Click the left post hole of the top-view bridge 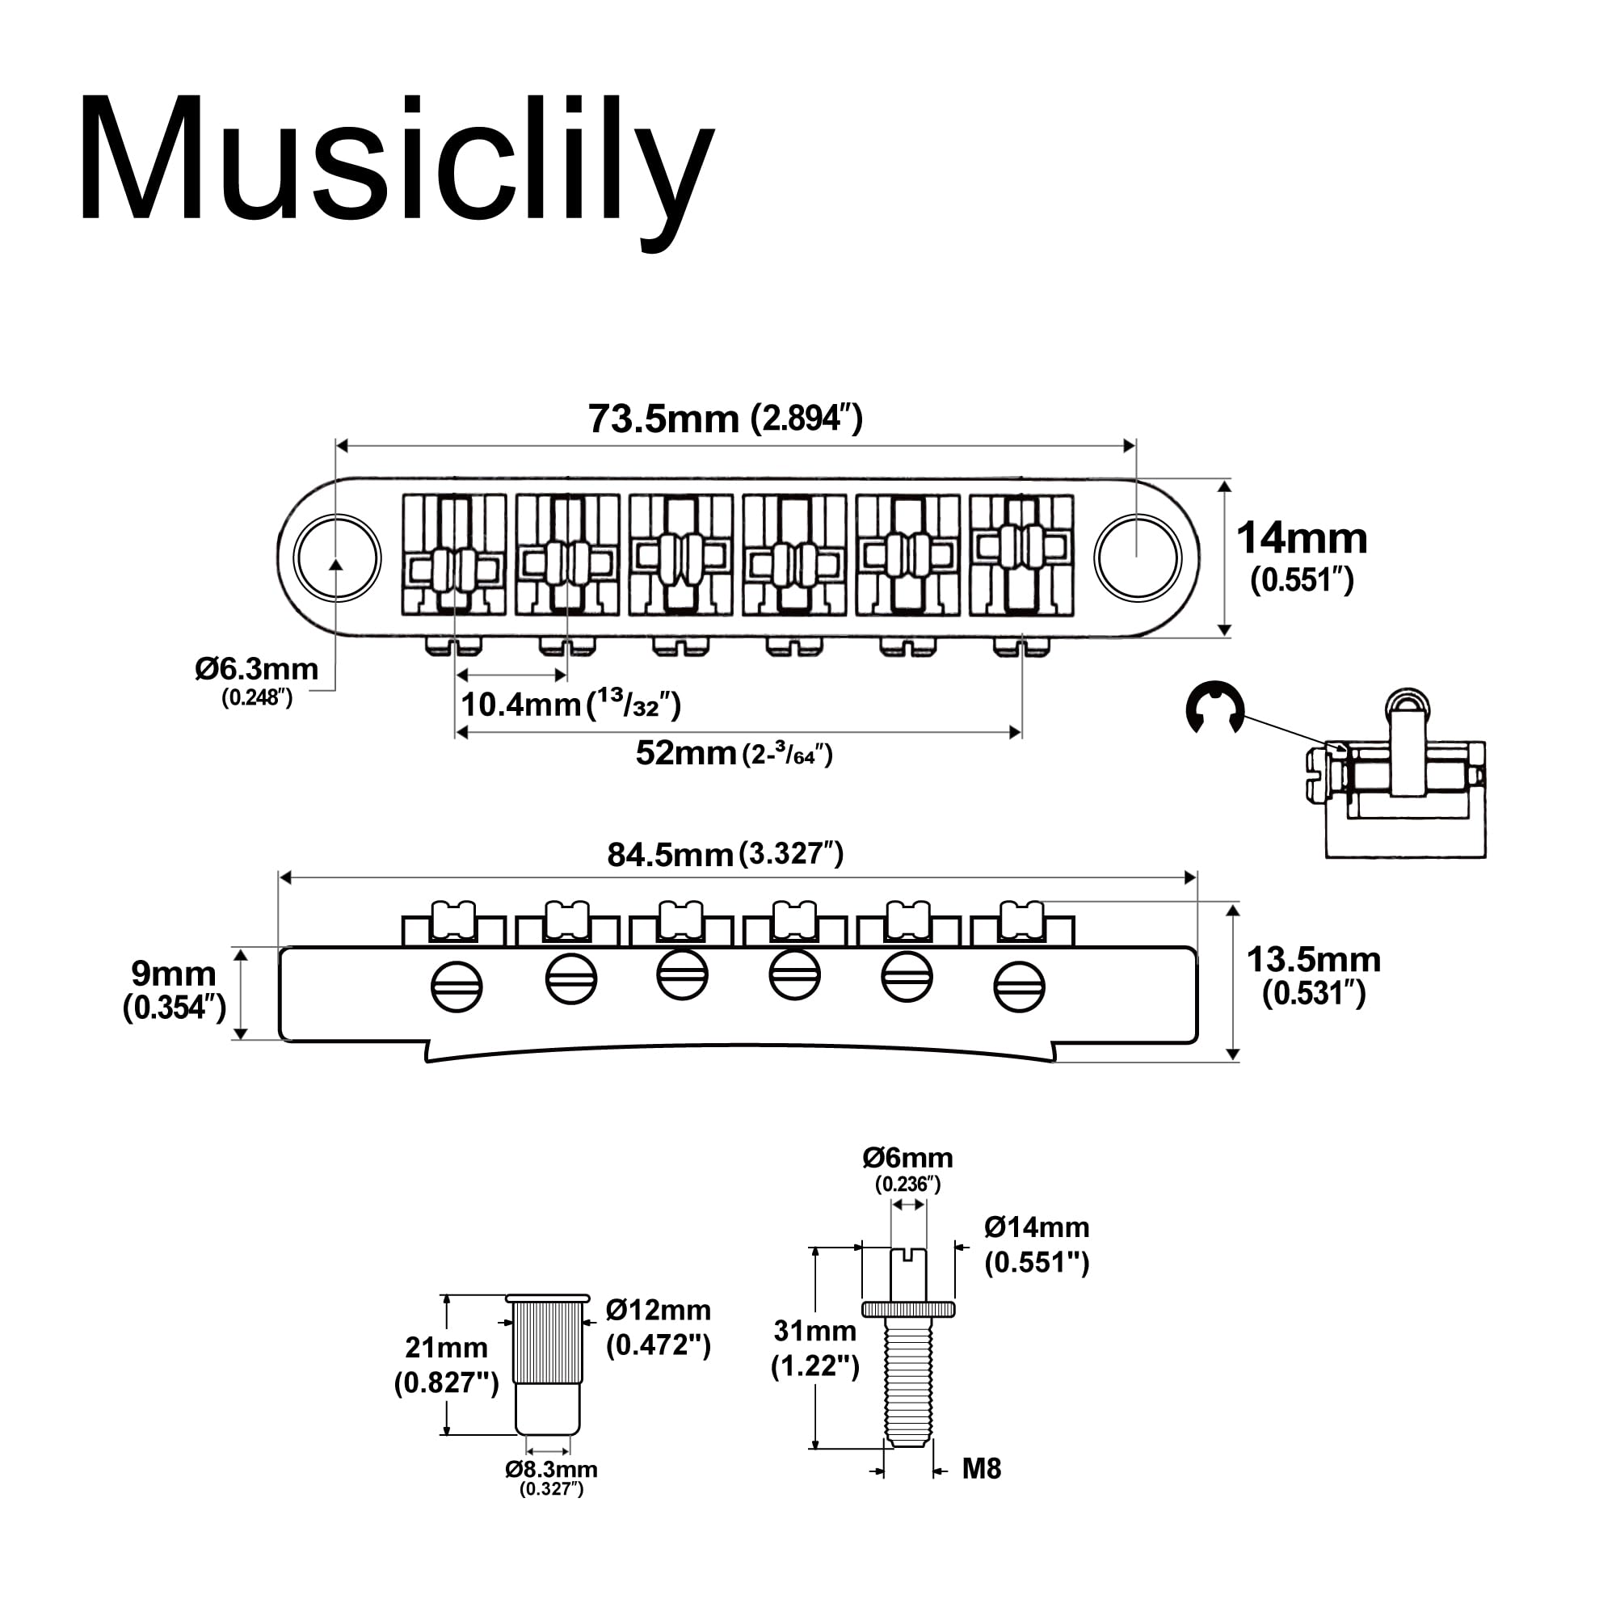[x=337, y=558]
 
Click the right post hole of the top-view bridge [x=1137, y=558]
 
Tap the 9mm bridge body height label [x=174, y=974]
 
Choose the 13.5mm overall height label [x=1313, y=960]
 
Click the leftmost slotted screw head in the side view [x=457, y=987]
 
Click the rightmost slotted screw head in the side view [x=1019, y=987]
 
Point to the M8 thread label [x=980, y=1469]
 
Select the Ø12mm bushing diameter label [x=659, y=1310]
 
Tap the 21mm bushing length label [x=446, y=1348]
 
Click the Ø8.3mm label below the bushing [x=551, y=1470]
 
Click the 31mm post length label [x=814, y=1331]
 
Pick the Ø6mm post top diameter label [x=907, y=1158]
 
